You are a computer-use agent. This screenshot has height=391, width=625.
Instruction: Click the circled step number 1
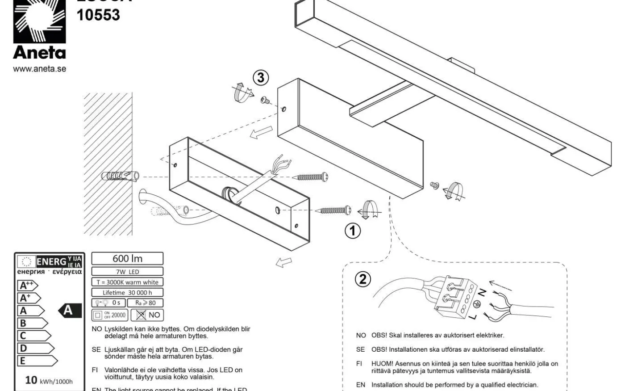coord(353,231)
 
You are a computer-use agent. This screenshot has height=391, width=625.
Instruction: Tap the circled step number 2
coord(362,279)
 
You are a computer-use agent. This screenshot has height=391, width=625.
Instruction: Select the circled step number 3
coord(261,78)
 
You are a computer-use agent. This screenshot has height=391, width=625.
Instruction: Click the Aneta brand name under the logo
coord(39,53)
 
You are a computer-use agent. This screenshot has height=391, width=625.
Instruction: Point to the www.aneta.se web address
coord(39,69)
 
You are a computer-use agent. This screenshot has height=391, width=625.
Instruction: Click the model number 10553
coord(98,16)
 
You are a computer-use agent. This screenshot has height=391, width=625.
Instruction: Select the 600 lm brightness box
coord(127,258)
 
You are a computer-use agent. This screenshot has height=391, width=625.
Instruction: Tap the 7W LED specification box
coord(127,272)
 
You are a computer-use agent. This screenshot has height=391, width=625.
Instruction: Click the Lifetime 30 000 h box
coord(127,293)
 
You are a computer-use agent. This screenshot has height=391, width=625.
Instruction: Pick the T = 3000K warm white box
coord(127,282)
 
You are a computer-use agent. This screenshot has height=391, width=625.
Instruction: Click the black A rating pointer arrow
coord(69,310)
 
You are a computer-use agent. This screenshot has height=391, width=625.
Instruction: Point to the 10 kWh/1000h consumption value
coord(49,380)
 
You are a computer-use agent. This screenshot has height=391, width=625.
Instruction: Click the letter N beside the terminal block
coord(482,293)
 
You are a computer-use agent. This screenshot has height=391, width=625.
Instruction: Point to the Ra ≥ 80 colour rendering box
coord(145,303)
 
